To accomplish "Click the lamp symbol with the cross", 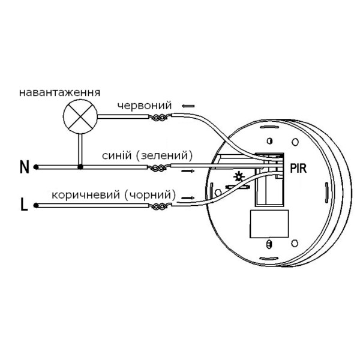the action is point(80,116).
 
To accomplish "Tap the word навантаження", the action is point(59,93).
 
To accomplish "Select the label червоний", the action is point(145,106).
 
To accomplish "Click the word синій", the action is point(117,155).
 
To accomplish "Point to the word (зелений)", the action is point(164,155).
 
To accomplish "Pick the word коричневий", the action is point(86,195).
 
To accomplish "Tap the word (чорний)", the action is point(150,195).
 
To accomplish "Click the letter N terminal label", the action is point(25,167).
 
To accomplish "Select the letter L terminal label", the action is point(24,205).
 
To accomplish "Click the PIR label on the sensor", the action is point(298,168).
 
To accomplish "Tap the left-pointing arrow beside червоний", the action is point(188,106).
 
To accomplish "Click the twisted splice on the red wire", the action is point(160,118).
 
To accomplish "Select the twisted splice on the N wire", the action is point(160,168).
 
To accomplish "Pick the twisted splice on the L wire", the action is point(160,206).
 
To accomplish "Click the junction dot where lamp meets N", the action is point(80,167).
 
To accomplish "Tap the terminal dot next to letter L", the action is point(36,205).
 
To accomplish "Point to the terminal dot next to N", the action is point(36,167).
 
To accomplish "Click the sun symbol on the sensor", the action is point(239,177).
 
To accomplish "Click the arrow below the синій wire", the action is point(188,171).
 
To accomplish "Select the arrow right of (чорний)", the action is point(188,197).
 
